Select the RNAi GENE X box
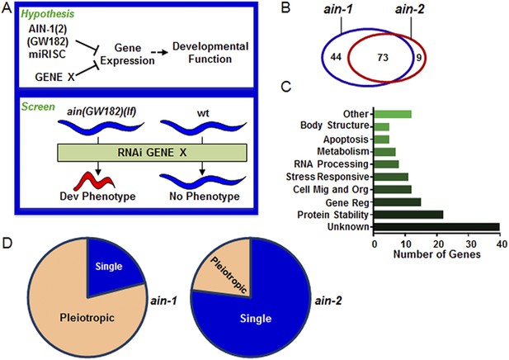[152, 153]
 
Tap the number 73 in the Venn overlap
[383, 58]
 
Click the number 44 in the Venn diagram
[336, 57]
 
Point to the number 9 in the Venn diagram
[419, 58]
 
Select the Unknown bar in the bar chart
[436, 226]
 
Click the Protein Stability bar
[408, 215]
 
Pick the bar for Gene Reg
[398, 202]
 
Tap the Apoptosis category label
[346, 140]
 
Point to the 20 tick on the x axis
[437, 244]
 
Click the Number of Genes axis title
[436, 254]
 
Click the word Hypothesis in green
[48, 14]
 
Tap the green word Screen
[38, 107]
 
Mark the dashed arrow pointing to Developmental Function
[159, 52]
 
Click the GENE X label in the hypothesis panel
[54, 77]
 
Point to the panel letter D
[7, 243]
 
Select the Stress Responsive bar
[391, 177]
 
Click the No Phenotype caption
[205, 197]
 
